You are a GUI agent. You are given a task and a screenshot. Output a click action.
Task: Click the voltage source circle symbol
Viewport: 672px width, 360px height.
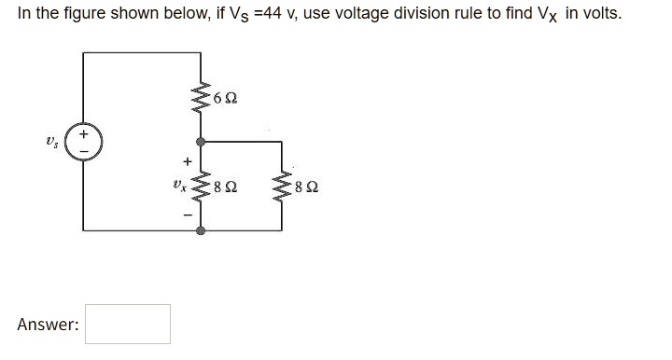tap(84, 142)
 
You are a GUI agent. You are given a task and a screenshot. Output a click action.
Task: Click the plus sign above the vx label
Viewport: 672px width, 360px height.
tap(188, 161)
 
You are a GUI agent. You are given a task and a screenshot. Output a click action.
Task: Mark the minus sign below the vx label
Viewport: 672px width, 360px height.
tap(188, 215)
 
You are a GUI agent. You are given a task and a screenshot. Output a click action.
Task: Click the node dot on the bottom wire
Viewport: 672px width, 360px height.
tap(201, 228)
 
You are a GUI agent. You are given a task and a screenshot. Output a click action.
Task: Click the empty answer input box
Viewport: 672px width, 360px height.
tap(128, 324)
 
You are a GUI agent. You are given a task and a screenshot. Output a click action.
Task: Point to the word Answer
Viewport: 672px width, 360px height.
tap(48, 325)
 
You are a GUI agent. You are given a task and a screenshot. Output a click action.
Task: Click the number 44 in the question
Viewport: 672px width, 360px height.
tap(259, 16)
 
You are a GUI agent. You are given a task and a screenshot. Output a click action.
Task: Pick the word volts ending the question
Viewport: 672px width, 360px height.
tap(599, 16)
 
